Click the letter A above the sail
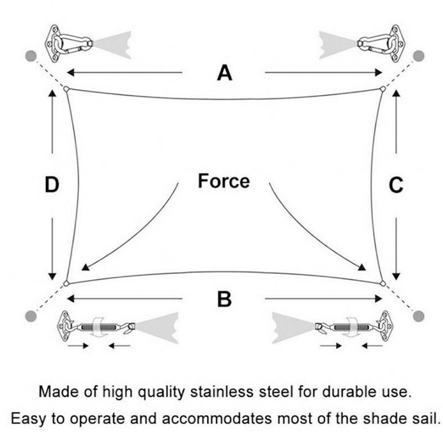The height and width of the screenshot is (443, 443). click(224, 72)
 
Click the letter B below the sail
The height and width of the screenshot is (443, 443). click(224, 299)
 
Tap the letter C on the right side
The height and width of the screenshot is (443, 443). click(396, 186)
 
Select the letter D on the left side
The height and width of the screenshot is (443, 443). click(51, 186)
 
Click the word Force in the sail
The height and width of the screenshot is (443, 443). click(224, 181)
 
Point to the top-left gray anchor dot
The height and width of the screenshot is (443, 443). click(31, 55)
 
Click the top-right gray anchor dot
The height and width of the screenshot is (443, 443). click(419, 55)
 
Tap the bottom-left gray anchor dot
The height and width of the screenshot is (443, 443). click(31, 316)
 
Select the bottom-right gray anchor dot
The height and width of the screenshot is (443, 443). click(419, 316)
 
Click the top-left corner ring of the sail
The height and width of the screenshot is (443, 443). click(66, 89)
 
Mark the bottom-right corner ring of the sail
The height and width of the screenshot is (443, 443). click(382, 284)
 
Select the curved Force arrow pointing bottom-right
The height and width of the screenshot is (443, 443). click(313, 233)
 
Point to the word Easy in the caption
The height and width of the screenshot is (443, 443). click(27, 417)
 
